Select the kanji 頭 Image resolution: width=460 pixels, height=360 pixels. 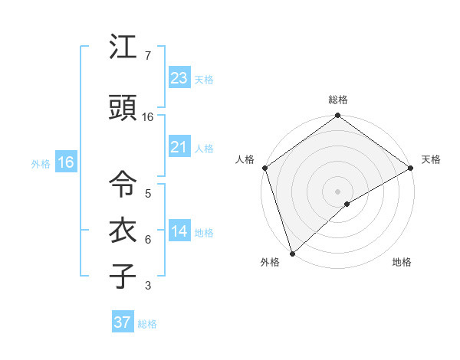click(x=123, y=109)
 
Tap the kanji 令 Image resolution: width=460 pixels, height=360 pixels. click(x=123, y=184)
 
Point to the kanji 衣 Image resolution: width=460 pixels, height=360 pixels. click(x=123, y=231)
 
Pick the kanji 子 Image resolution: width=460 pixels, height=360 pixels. click(x=123, y=276)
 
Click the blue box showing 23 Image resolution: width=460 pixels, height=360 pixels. click(x=179, y=77)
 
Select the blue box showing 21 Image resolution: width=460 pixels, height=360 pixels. click(x=179, y=147)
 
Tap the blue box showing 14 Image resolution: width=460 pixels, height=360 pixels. click(x=179, y=231)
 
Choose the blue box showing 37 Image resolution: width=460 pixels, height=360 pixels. click(x=122, y=322)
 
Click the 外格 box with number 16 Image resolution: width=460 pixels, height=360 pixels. click(x=65, y=162)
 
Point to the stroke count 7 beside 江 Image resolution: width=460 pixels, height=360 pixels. click(x=147, y=56)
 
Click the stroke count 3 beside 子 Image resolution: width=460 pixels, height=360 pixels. click(x=147, y=286)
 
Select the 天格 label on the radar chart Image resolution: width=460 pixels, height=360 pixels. click(x=431, y=159)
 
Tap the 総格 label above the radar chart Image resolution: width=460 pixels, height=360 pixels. click(x=338, y=100)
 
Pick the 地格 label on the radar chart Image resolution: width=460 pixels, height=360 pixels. click(x=402, y=263)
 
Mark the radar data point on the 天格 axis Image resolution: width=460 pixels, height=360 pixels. click(x=411, y=168)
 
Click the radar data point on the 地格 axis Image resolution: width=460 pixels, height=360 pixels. click(x=347, y=204)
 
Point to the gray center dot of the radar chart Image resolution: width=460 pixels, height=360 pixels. click(x=338, y=191)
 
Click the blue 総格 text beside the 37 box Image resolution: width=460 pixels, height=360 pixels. click(x=147, y=324)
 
